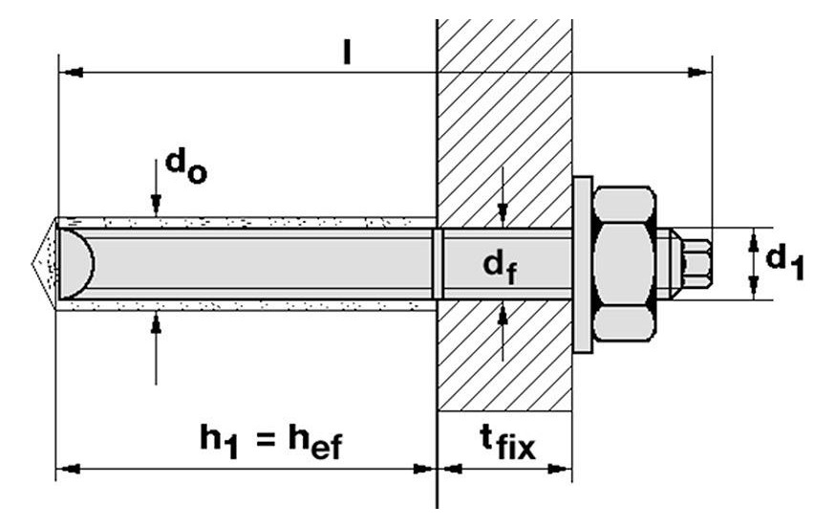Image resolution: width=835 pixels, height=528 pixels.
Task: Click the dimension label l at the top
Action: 347,54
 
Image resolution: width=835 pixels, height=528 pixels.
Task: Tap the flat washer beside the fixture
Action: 582,263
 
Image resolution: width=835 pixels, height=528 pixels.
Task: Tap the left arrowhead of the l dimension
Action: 67,72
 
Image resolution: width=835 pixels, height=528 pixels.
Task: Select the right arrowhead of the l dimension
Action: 702,72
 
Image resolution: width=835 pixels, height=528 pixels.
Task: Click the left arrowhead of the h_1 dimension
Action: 67,468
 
